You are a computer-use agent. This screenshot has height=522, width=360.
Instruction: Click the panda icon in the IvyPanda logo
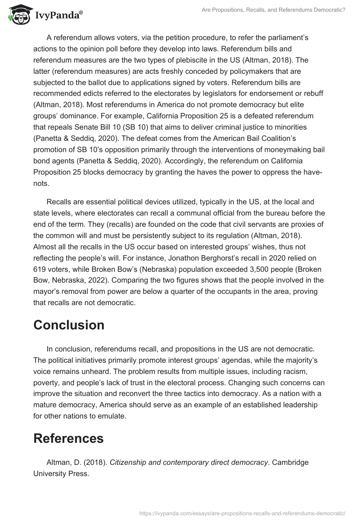18,15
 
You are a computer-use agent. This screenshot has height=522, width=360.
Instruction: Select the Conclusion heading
69,325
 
